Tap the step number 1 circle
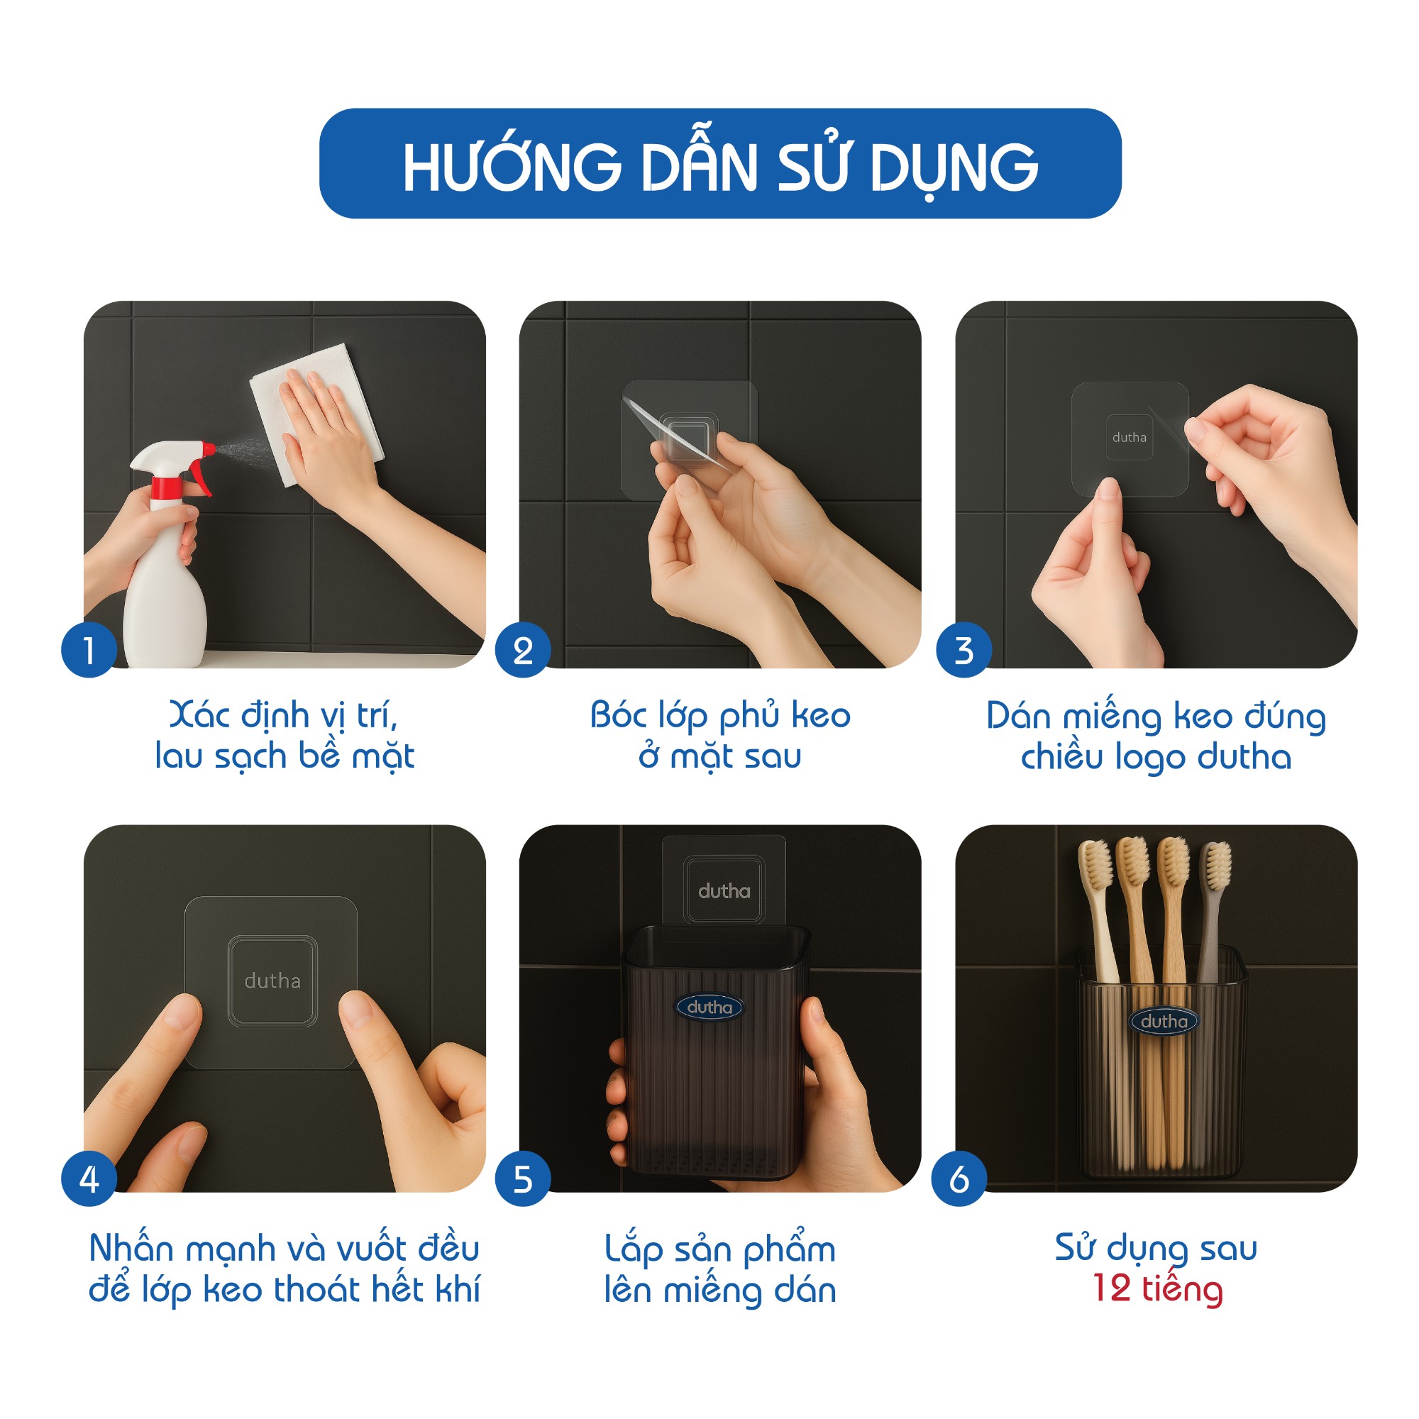coord(89,650)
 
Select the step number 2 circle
coord(523,650)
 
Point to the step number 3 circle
coord(964,650)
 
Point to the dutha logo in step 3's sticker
coord(1129,438)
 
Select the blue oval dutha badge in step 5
coord(709,1007)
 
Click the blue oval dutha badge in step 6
coord(1164,1021)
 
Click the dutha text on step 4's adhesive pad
coord(272,981)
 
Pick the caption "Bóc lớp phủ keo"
coord(719,715)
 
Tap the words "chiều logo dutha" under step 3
coord(1156,756)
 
